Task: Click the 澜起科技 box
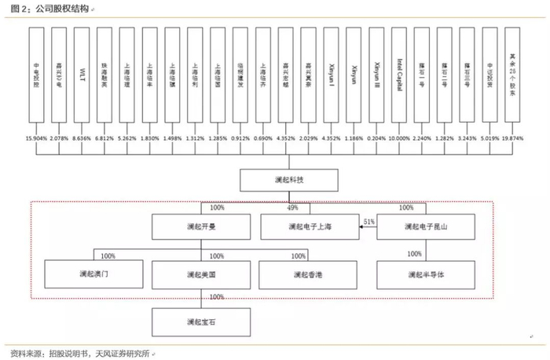(289, 180)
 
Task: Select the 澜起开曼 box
(201, 226)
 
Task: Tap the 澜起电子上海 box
(310, 226)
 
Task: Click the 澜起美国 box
(201, 274)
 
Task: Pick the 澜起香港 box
(310, 274)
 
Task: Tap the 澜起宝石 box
(201, 321)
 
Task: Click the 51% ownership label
(369, 222)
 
